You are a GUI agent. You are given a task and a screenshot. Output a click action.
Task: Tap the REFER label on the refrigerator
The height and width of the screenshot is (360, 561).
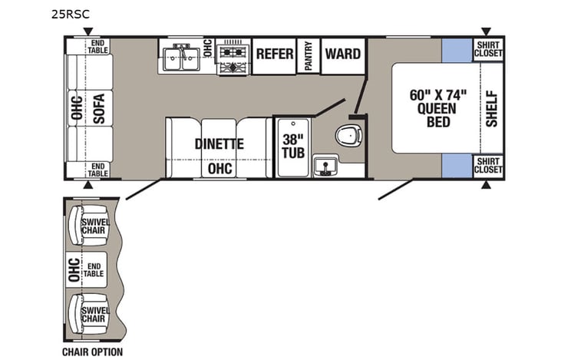(274, 54)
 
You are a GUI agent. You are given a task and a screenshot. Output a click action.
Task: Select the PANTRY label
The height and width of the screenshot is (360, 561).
(309, 56)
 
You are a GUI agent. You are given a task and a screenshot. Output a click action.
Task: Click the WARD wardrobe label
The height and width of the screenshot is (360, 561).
(342, 54)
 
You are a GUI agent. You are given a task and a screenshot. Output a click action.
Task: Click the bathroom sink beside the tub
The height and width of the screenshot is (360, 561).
(326, 164)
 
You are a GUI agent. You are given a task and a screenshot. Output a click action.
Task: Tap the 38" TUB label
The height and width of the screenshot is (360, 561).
(292, 146)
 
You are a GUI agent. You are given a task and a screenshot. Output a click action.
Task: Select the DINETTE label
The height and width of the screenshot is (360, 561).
(219, 144)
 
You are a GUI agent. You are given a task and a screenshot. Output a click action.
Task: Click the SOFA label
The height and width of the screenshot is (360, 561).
(98, 108)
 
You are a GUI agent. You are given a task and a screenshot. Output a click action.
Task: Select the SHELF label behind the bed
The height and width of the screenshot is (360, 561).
(491, 108)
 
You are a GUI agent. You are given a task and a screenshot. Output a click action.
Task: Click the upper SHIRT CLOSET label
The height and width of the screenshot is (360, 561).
(487, 48)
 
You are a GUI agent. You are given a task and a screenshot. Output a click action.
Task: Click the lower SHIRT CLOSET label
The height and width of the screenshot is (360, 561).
(487, 166)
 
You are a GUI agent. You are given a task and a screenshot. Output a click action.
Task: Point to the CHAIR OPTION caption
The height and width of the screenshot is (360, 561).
(92, 352)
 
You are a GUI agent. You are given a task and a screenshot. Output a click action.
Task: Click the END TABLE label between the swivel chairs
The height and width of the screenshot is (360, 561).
(96, 270)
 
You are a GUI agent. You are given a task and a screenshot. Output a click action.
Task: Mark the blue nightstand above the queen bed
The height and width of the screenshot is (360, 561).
(456, 50)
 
